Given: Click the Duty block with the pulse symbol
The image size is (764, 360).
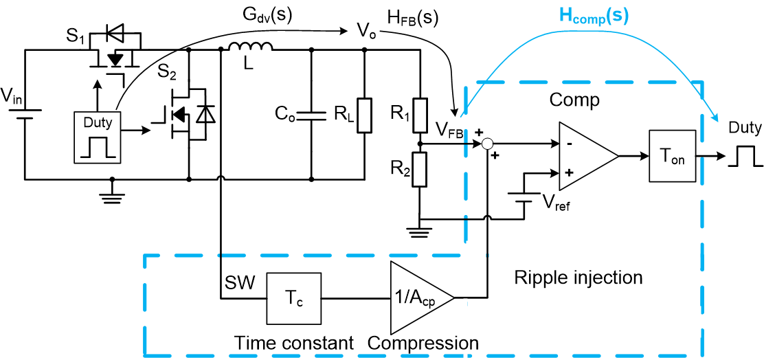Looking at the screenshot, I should pos(98,138).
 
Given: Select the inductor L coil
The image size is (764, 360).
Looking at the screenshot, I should pos(251,48).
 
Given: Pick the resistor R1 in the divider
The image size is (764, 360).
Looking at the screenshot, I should pos(420,113).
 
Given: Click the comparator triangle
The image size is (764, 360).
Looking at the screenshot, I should pos(586,157).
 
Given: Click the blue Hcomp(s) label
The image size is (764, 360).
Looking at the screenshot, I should pos(594,16).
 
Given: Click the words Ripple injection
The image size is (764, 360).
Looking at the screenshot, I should pos(578,278).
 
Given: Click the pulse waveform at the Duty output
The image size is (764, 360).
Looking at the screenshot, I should pos(745,157).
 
